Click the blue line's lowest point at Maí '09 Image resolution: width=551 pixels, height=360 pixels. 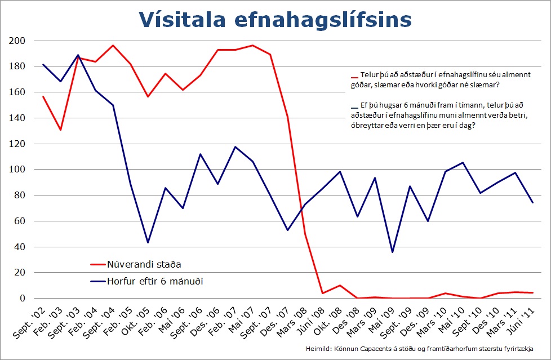tap(392, 252)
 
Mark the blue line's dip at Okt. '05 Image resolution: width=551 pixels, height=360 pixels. tap(148, 242)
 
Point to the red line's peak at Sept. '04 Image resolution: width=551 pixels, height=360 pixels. tap(113, 46)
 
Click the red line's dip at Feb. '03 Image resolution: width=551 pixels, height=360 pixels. tap(60, 130)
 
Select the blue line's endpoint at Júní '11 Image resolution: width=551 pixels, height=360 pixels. tap(532, 202)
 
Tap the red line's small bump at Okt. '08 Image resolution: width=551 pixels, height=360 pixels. tap(340, 285)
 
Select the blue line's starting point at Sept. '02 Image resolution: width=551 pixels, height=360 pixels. tap(43, 64)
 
